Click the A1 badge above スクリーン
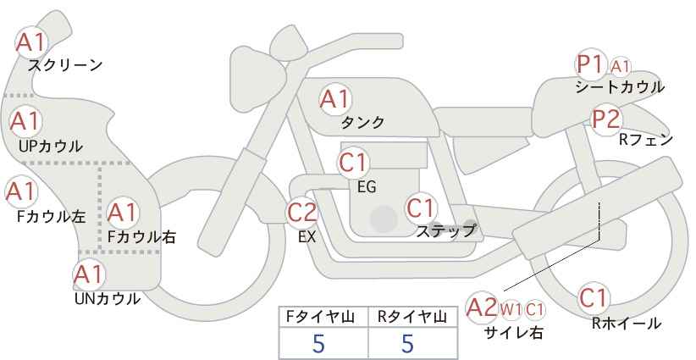tap(31, 42)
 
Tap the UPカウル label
tap(51, 147)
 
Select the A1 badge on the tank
tap(335, 99)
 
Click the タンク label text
tap(362, 122)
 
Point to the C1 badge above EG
tap(353, 163)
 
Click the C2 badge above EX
tap(302, 212)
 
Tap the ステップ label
tap(445, 231)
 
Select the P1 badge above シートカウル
tap(591, 65)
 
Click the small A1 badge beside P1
tap(620, 67)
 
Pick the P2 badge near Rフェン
tap(606, 119)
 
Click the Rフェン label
tap(646, 140)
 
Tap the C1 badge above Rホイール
tap(594, 298)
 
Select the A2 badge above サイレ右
tap(482, 307)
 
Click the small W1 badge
tap(511, 310)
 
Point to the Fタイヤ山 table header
tap(320, 317)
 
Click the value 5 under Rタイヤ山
tap(407, 343)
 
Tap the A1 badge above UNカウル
tap(89, 275)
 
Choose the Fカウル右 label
tap(141, 236)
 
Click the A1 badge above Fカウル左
tap(21, 191)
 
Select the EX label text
tap(307, 237)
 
